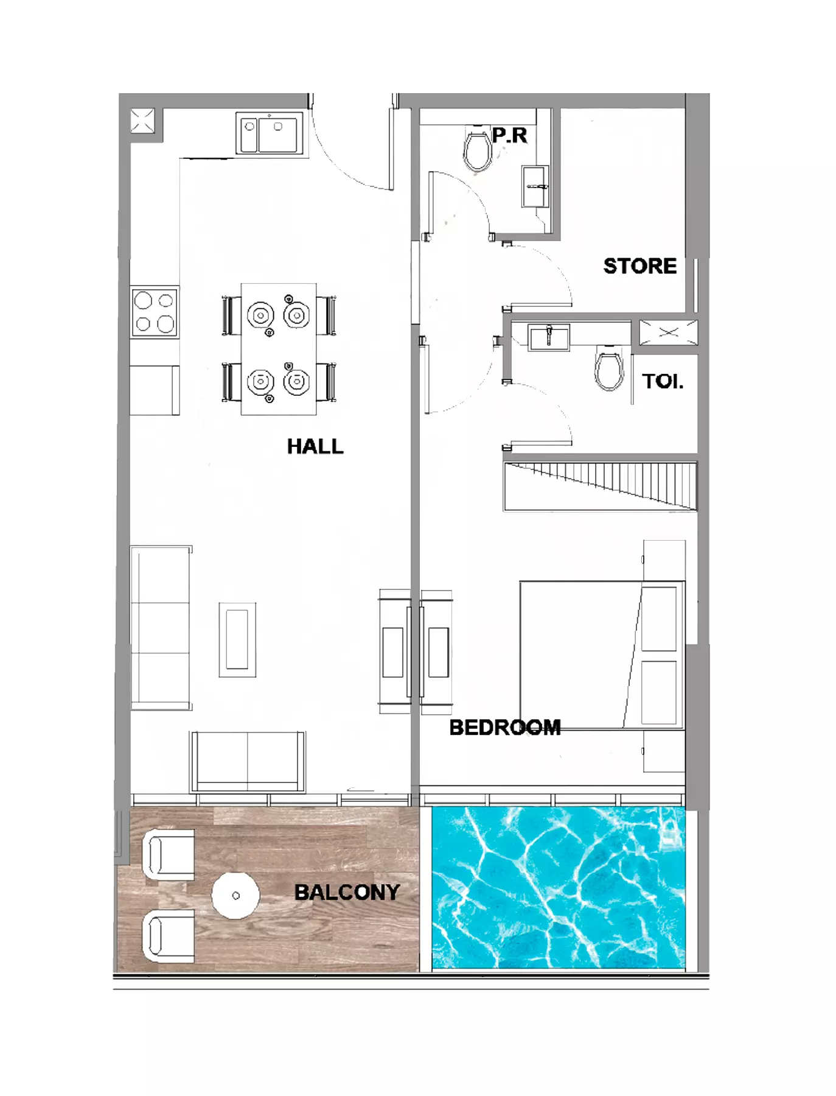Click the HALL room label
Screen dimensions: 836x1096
(315, 446)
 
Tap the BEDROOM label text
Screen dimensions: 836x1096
(505, 727)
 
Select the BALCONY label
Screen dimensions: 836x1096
(347, 892)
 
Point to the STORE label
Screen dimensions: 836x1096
(640, 266)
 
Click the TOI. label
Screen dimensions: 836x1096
(663, 381)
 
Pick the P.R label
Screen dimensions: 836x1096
(510, 135)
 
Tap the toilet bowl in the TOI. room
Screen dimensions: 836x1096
(609, 367)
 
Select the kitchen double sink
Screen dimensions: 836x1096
(269, 134)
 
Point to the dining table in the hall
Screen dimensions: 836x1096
(279, 349)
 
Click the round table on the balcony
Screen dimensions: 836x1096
(235, 895)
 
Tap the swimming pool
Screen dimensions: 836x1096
(559, 887)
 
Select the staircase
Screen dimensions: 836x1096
(600, 486)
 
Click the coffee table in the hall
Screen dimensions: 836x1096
(237, 639)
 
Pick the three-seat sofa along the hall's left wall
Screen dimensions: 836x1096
(161, 628)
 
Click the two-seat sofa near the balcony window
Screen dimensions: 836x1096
(248, 762)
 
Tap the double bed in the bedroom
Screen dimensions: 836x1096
(602, 655)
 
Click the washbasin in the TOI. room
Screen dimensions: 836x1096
(549, 337)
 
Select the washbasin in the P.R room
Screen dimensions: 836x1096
(535, 186)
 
